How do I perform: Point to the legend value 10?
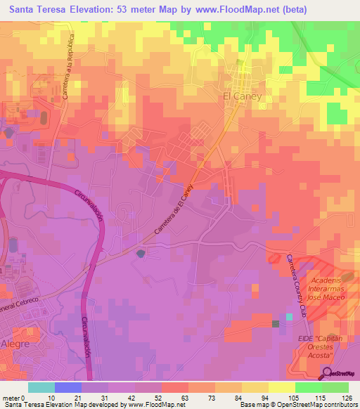[51, 398]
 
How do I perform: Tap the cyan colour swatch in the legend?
[41, 387]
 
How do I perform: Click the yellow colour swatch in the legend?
[281, 387]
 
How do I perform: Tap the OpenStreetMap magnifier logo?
[328, 374]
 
